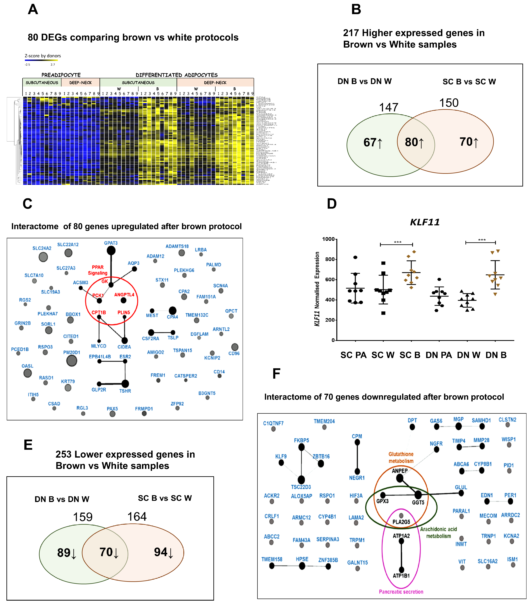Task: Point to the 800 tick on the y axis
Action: [x=329, y=259]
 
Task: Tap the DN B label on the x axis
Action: [x=496, y=355]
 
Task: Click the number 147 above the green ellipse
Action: [x=388, y=107]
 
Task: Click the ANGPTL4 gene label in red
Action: [x=124, y=294]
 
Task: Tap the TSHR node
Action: [x=125, y=384]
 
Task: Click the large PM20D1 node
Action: [x=72, y=361]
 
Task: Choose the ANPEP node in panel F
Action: [x=400, y=478]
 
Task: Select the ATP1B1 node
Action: [x=402, y=570]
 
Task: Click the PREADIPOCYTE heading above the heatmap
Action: [x=61, y=75]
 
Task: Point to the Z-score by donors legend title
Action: [x=43, y=56]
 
